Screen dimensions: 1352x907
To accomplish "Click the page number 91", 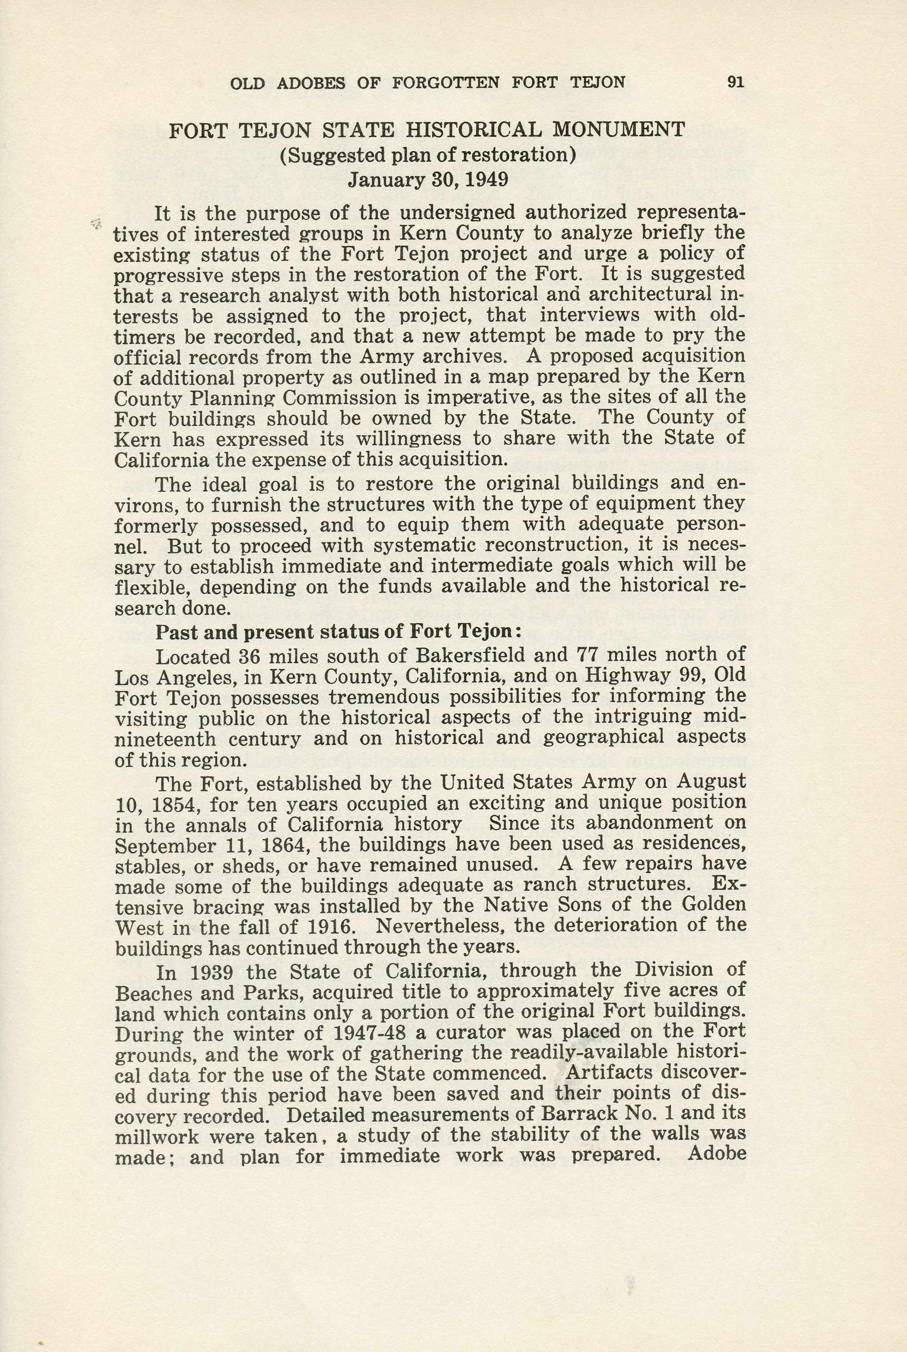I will point(736,83).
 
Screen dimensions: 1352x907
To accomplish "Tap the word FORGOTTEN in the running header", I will point(445,83).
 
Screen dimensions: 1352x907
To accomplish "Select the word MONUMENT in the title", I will point(619,129).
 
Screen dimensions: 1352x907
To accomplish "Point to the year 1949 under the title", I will point(487,180).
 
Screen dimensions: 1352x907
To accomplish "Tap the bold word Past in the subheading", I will point(177,632).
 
